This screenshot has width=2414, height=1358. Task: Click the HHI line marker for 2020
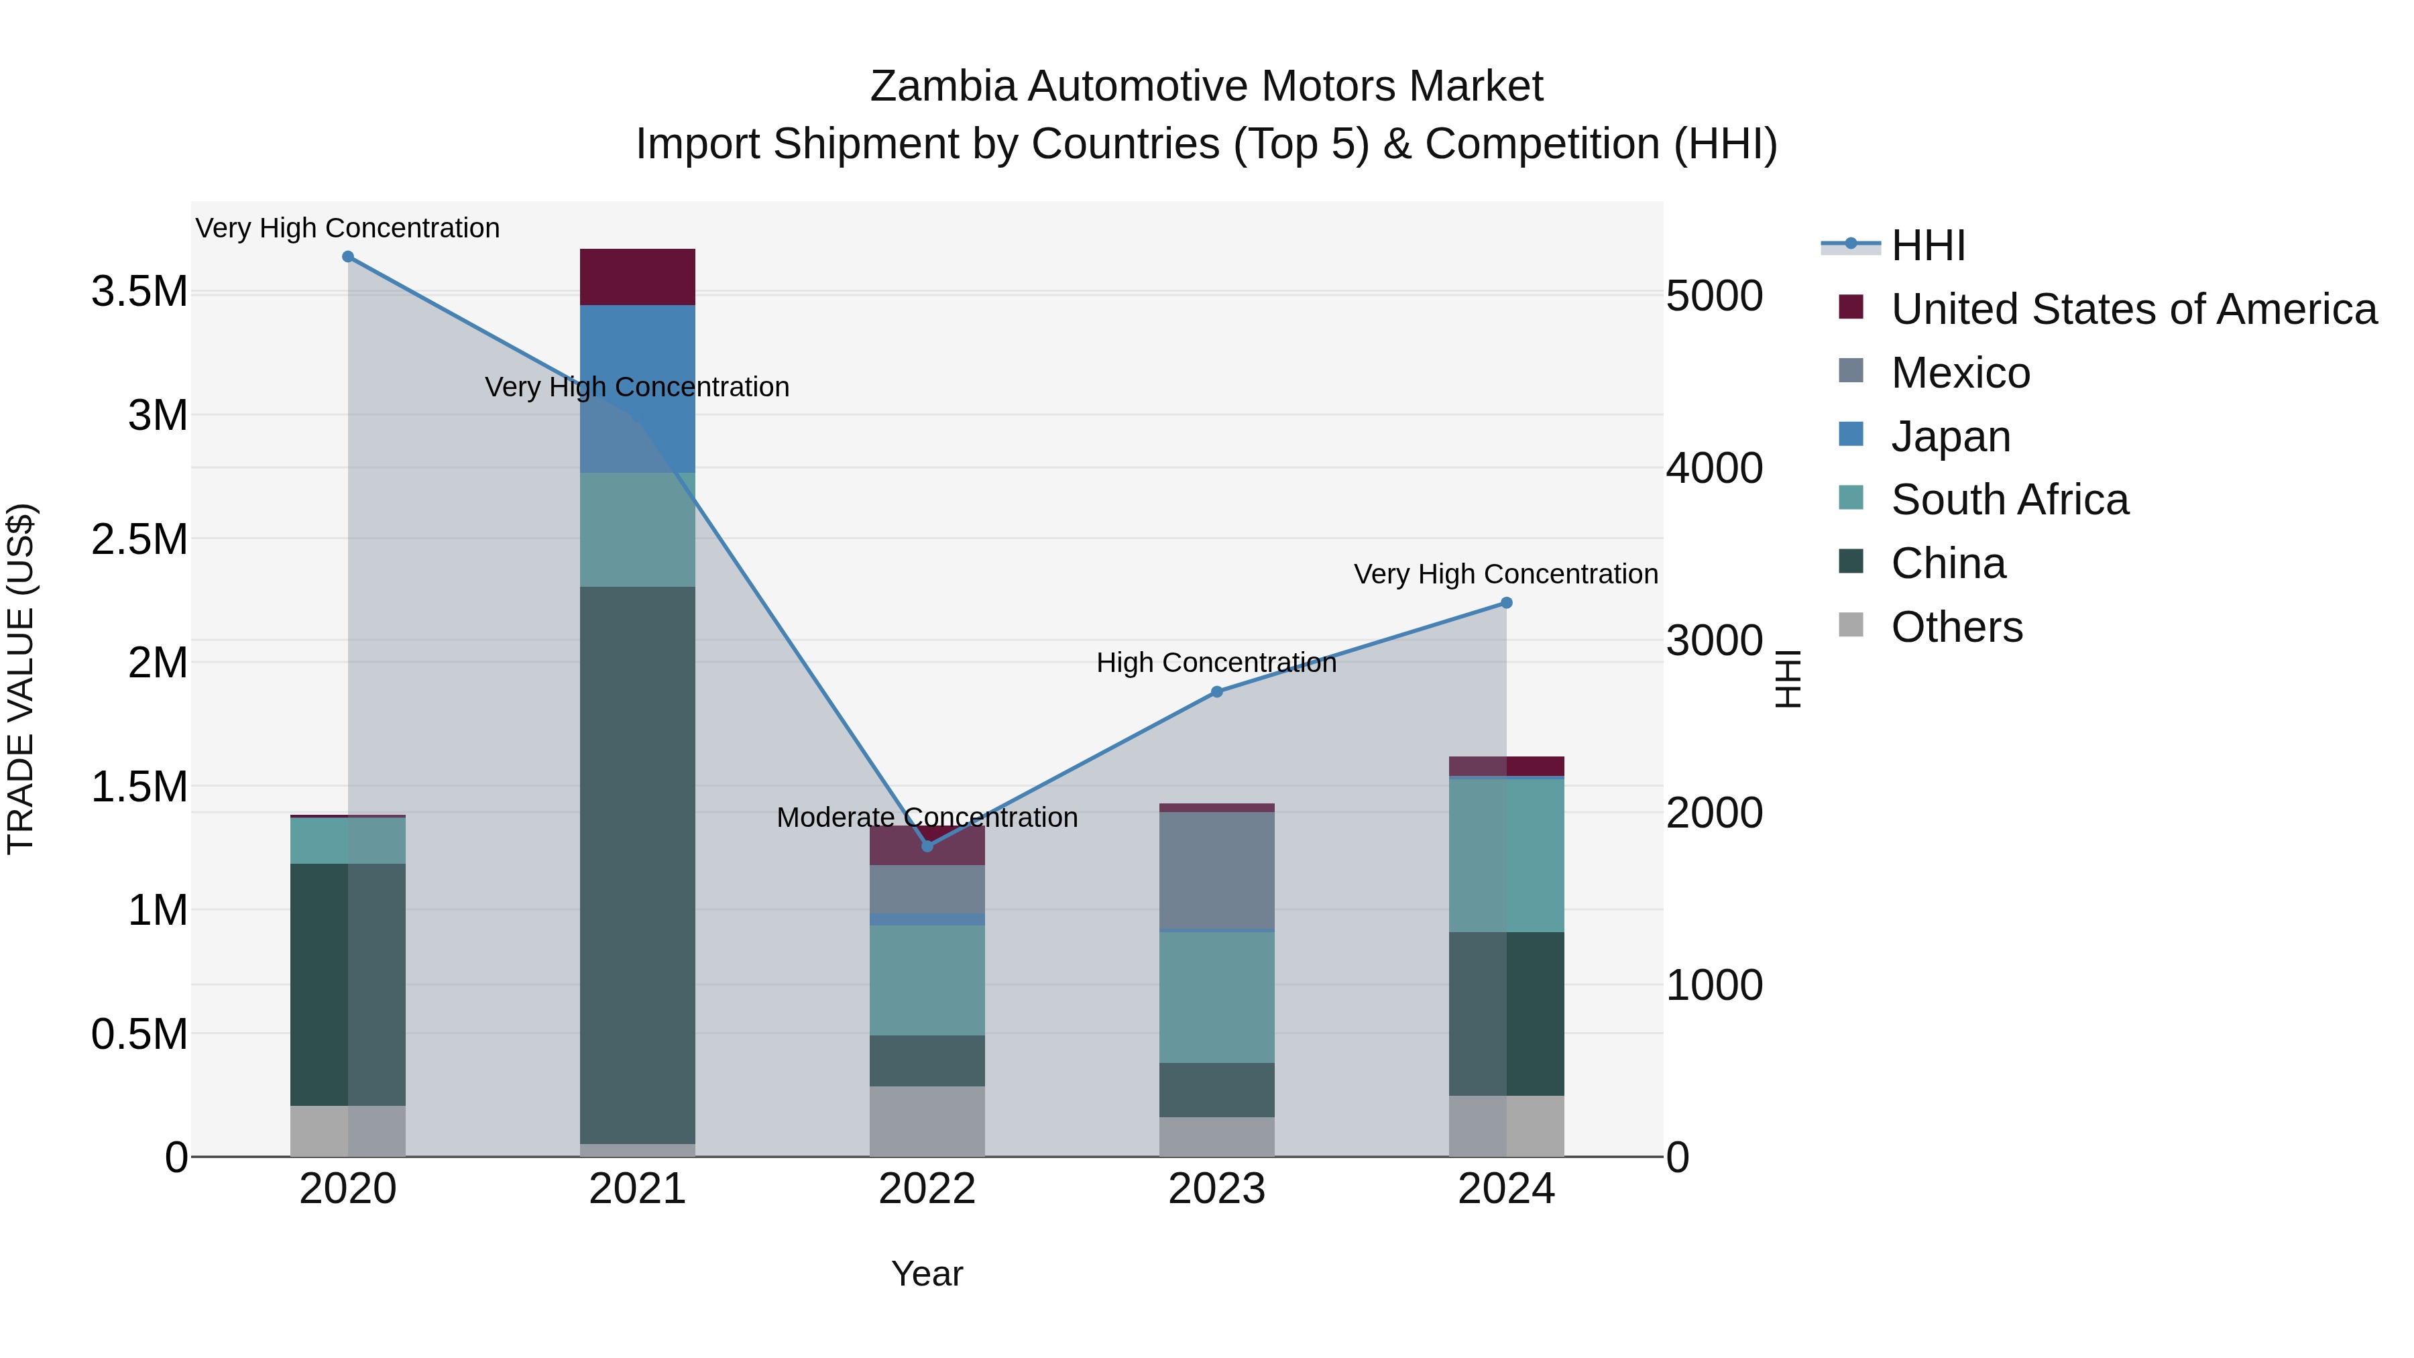click(347, 257)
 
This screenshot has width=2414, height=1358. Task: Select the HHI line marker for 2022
click(927, 846)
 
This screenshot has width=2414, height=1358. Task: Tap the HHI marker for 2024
click(1506, 604)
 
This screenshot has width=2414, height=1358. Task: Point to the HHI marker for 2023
click(1216, 691)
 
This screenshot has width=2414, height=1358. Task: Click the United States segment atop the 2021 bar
click(637, 278)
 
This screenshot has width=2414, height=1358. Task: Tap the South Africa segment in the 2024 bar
click(1506, 855)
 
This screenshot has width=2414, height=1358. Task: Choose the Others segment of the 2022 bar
click(927, 1121)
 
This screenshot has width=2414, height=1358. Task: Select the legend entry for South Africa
click(2009, 500)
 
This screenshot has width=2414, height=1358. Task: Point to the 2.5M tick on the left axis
click(139, 540)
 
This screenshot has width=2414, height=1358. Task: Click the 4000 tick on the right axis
click(1714, 469)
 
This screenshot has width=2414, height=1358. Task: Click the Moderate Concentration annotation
click(927, 817)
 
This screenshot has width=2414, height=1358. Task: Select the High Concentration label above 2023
click(1216, 663)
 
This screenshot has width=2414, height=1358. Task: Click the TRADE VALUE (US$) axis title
click(21, 679)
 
